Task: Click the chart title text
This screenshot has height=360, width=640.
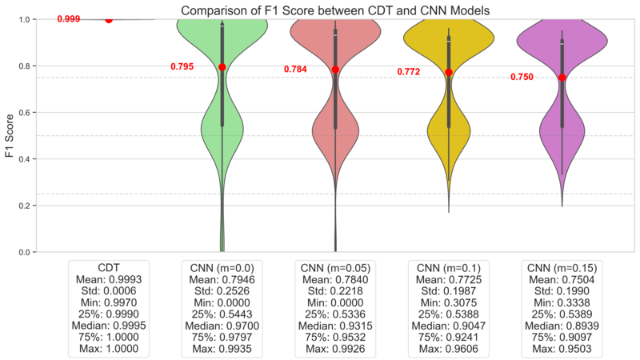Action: click(334, 10)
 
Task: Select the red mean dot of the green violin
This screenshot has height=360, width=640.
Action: click(222, 67)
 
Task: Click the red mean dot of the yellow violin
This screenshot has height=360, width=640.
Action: click(449, 72)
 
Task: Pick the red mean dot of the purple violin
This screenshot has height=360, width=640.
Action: click(562, 78)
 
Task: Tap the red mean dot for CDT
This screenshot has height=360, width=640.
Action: click(109, 19)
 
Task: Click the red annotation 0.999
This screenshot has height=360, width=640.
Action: click(69, 18)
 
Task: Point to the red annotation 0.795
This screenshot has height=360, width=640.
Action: click(182, 67)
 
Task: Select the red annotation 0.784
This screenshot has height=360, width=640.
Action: click(295, 70)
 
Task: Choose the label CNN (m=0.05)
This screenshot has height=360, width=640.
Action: click(335, 266)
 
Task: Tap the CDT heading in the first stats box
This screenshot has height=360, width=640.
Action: click(108, 266)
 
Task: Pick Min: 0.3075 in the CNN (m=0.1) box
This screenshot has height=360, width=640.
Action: click(449, 302)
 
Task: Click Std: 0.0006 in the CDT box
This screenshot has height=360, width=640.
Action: click(108, 290)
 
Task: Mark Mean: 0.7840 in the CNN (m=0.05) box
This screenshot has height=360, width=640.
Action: click(335, 278)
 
